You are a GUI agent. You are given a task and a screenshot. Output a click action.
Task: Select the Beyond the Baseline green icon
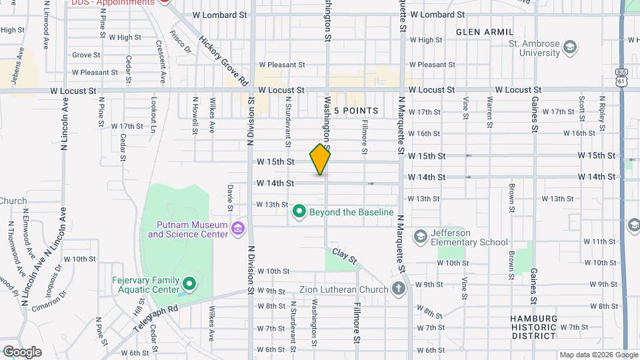point(299,212)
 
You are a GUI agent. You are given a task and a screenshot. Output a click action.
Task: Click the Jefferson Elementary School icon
point(420,237)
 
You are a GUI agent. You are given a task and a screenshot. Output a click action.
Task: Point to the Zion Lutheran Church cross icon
point(399,289)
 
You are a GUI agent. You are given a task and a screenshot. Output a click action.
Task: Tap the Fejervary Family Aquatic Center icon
point(189,285)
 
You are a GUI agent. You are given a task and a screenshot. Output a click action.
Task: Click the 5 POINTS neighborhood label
point(356,111)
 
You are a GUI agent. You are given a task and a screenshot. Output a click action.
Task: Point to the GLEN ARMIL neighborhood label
point(485,32)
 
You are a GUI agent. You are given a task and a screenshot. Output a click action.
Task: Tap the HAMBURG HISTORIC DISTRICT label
point(533,327)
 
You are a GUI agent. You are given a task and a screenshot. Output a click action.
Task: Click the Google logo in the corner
point(22,351)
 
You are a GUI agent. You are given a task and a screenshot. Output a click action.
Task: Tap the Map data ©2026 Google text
point(597,355)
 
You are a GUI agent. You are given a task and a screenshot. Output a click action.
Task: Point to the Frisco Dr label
point(181,41)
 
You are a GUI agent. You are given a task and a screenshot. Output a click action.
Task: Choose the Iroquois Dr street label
point(53,277)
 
